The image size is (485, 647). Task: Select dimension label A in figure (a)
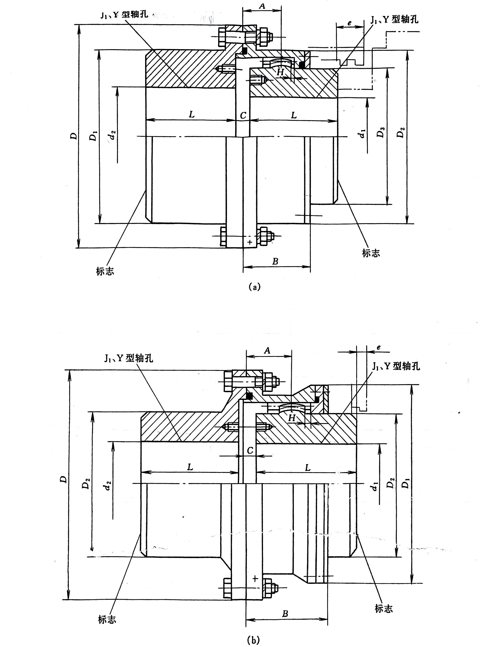262,6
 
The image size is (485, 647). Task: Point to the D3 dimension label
380,133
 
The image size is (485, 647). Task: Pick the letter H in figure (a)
280,72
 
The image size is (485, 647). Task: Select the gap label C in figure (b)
250,450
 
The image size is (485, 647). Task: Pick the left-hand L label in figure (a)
192,114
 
